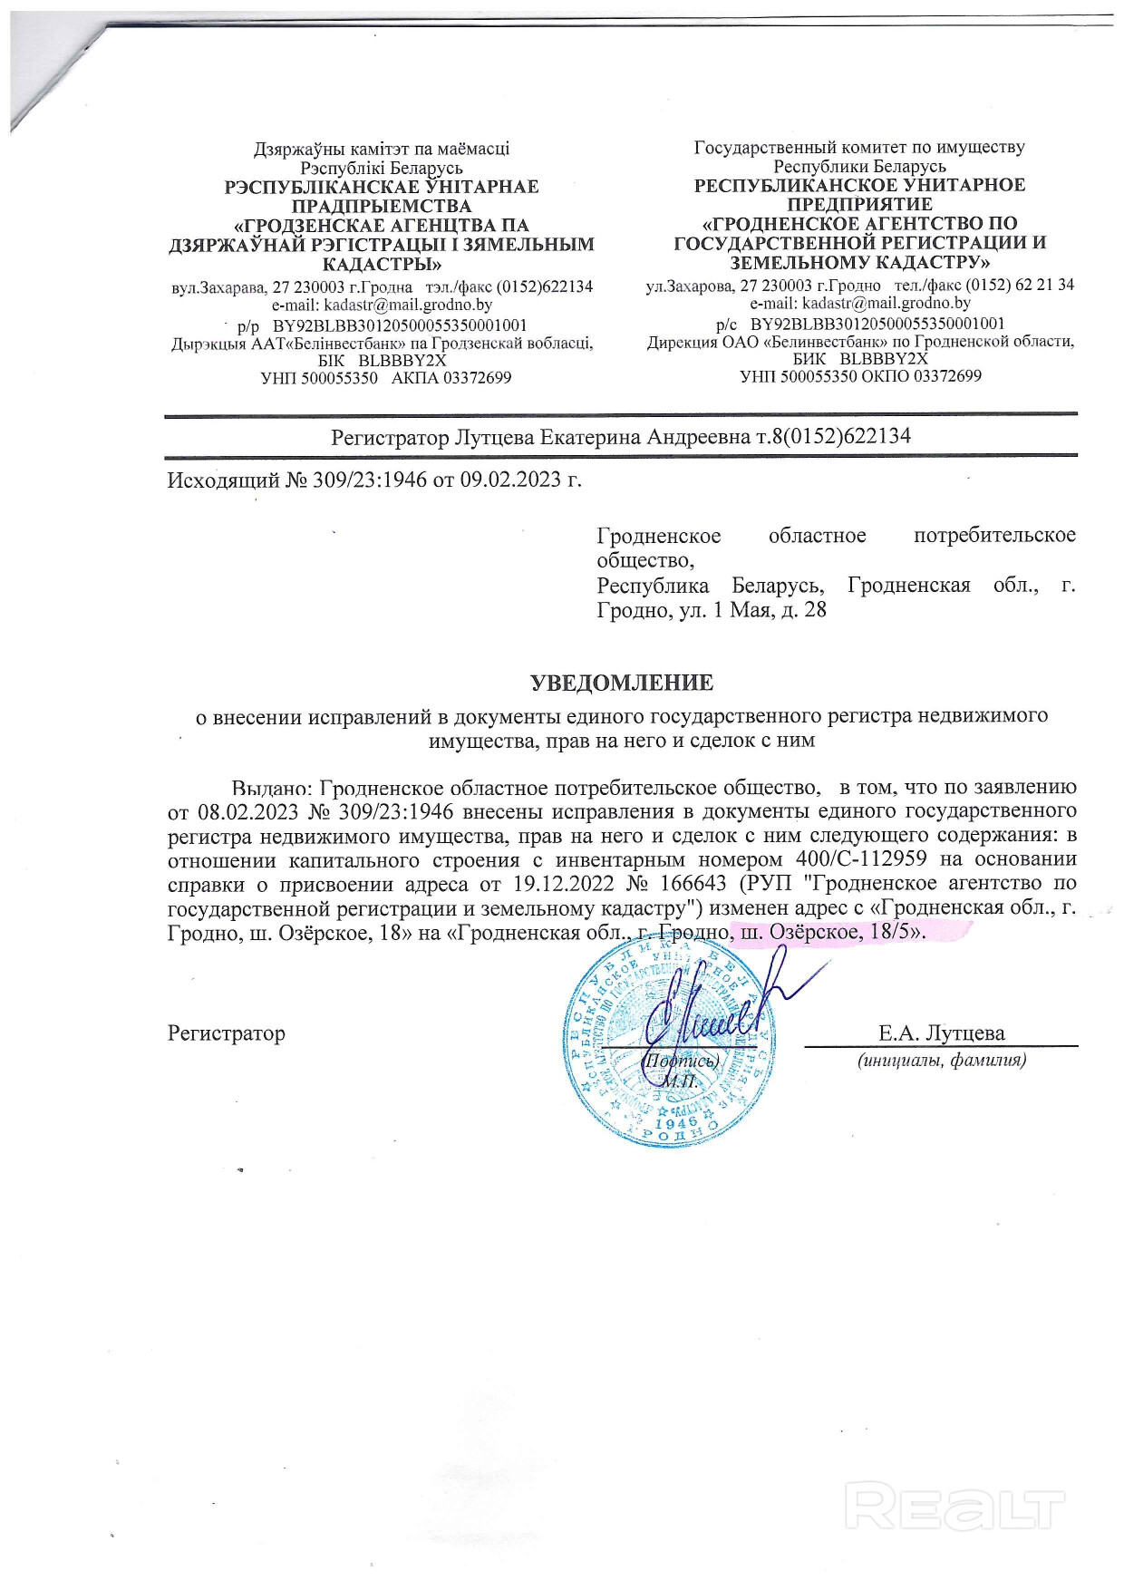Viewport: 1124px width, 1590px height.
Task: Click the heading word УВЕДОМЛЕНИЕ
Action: point(622,683)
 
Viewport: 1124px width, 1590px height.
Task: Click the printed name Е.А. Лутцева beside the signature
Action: point(941,1033)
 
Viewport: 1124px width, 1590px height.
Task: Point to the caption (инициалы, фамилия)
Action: point(942,1059)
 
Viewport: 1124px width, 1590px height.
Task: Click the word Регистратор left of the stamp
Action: point(227,1033)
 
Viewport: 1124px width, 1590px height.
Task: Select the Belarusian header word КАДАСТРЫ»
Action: point(383,264)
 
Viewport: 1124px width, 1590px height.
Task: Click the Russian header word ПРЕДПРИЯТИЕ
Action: point(859,204)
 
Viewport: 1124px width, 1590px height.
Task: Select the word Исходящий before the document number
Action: point(223,480)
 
